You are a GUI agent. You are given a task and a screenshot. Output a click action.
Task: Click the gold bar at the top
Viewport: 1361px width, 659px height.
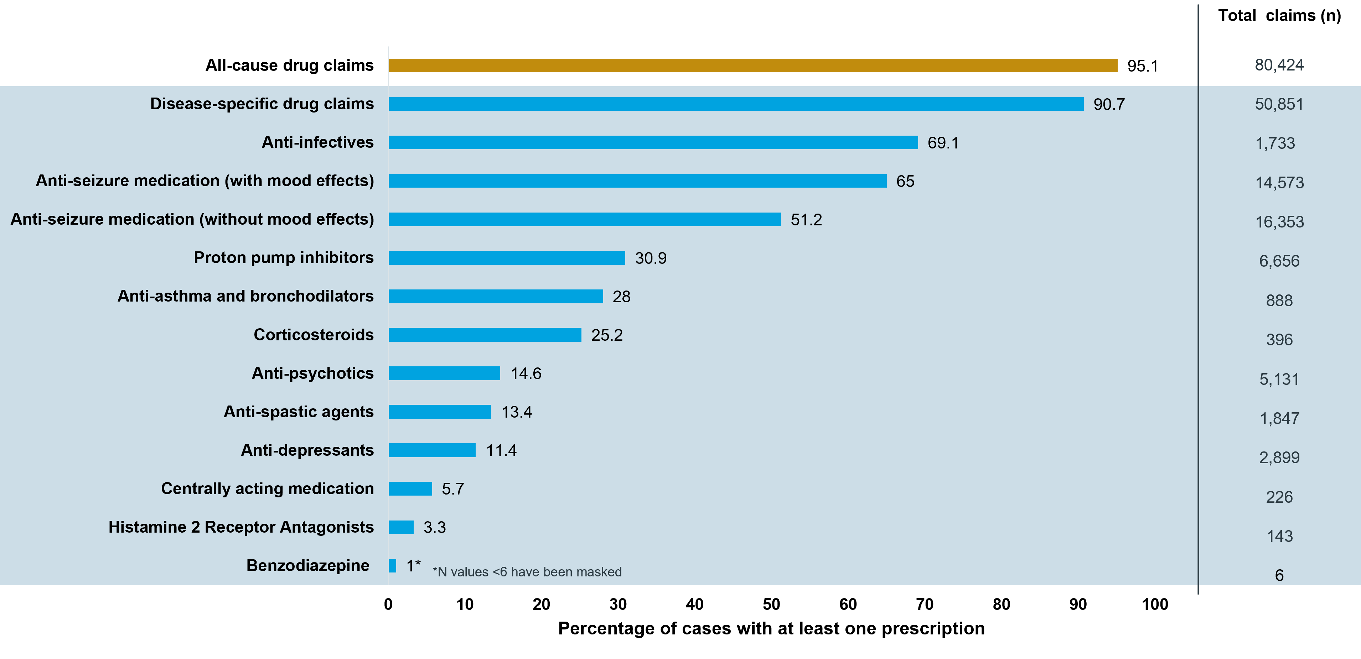pyautogui.click(x=752, y=66)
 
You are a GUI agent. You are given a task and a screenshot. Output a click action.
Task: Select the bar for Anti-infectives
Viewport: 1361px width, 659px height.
pyautogui.click(x=653, y=142)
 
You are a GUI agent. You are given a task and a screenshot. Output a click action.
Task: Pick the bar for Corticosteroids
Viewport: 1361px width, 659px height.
pyautogui.click(x=485, y=335)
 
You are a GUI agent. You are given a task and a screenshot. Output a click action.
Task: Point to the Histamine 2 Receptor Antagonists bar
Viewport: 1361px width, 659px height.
pyautogui.click(x=401, y=527)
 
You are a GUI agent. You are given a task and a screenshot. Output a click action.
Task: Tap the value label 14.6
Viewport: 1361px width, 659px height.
pyautogui.click(x=526, y=374)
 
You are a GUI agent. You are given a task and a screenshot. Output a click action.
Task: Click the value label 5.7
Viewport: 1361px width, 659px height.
pyautogui.click(x=452, y=489)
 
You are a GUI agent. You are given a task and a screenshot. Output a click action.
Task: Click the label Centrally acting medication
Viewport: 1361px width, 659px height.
pyautogui.click(x=267, y=488)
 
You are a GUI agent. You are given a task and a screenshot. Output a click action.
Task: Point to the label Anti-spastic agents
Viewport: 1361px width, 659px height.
pyautogui.click(x=299, y=412)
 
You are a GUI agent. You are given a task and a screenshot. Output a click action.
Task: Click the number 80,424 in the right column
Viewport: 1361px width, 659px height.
pyautogui.click(x=1279, y=65)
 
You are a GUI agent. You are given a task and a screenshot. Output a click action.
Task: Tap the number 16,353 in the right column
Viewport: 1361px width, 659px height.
pyautogui.click(x=1279, y=222)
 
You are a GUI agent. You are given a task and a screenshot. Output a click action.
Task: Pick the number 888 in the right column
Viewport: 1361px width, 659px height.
pyautogui.click(x=1279, y=300)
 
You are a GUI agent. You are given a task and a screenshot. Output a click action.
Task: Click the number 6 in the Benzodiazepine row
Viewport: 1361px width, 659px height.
pyautogui.click(x=1279, y=575)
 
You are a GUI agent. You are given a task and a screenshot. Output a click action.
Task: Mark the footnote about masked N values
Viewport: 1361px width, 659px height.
pyautogui.click(x=527, y=572)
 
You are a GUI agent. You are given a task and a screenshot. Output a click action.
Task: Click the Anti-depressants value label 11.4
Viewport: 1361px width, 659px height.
pyautogui.click(x=501, y=450)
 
